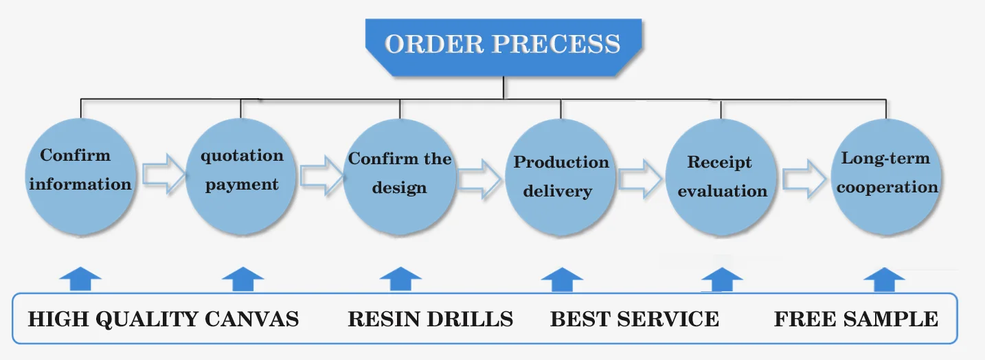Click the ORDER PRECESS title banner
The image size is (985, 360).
503,47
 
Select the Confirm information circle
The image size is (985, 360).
80,176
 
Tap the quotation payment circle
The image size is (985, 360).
240,176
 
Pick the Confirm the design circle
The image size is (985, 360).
400,177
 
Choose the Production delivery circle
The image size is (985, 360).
561,177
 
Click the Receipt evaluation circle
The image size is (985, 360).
721,177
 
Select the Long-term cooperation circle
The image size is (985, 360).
886,177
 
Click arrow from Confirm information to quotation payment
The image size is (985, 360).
163,174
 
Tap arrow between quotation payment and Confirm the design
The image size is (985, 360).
322,175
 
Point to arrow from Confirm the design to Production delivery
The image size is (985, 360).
479,179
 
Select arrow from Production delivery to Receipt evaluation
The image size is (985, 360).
640,179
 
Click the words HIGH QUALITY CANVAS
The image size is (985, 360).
163,319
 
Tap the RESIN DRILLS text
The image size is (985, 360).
431,319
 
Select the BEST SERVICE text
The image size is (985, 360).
635,319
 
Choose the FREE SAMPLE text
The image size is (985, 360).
856,319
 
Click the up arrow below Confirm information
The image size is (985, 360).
80,279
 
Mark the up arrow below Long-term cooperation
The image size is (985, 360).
884,280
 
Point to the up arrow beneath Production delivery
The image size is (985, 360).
562,280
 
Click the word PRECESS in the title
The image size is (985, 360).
556,44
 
